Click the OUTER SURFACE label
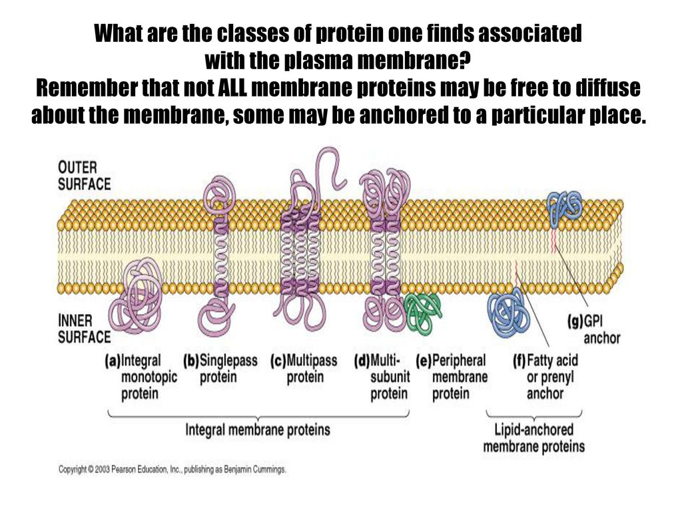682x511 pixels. [x=85, y=176]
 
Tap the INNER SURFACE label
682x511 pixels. [x=85, y=329]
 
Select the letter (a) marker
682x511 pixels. [x=112, y=361]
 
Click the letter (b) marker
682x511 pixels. [x=191, y=361]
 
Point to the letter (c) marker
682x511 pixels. [x=278, y=361]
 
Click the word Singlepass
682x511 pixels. [x=228, y=361]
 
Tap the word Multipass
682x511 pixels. [x=312, y=361]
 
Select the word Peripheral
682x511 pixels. [x=459, y=361]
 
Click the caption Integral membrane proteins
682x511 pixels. [x=258, y=430]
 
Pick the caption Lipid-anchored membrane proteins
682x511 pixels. [x=533, y=438]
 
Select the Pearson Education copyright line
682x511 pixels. [x=172, y=470]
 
